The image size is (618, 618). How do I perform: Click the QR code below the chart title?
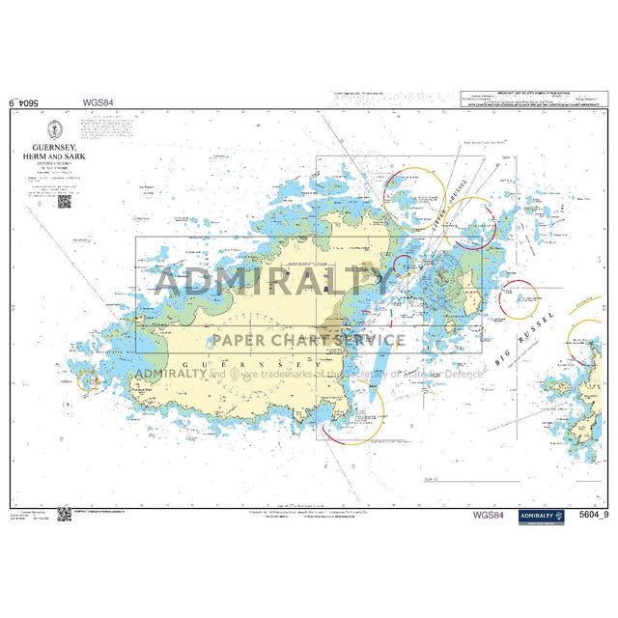pos(65,201)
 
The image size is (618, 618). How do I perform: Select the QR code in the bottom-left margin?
pos(65,517)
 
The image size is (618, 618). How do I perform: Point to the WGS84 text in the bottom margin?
pos(488,516)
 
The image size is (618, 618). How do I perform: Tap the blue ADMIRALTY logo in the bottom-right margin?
pos(541,517)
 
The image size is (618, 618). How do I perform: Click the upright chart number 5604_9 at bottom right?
pos(588,517)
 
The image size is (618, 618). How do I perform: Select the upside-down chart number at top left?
pos(28,100)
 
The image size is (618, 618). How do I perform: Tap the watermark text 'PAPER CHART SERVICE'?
pos(309,340)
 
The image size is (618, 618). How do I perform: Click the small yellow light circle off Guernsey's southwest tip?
pos(89,381)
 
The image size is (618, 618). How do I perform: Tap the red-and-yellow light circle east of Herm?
pos(517,298)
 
